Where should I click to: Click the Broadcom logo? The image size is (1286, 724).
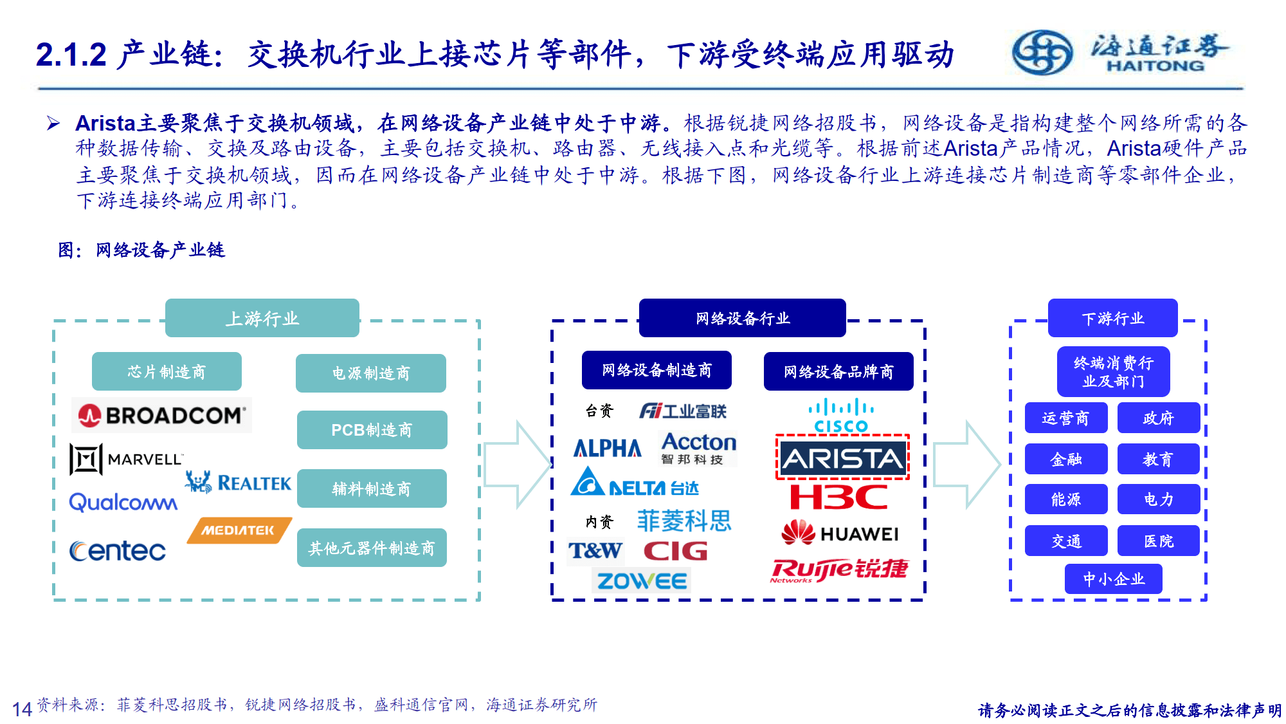(161, 415)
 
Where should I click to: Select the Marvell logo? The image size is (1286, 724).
(126, 459)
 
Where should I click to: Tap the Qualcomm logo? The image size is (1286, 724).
(123, 502)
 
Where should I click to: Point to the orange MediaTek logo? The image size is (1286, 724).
(239, 530)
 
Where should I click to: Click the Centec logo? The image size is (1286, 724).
(118, 551)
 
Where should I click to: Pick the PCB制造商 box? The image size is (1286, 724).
(372, 430)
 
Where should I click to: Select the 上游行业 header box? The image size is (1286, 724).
(262, 318)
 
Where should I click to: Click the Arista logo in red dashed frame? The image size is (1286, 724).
(842, 458)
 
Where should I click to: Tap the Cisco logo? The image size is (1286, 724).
(841, 416)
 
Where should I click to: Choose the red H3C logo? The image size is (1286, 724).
(839, 497)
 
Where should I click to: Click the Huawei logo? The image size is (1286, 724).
(840, 534)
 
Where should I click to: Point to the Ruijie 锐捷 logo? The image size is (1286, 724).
(840, 570)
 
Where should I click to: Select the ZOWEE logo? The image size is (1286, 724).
(641, 581)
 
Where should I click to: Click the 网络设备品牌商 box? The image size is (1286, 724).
(838, 371)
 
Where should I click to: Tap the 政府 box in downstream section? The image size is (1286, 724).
(1158, 418)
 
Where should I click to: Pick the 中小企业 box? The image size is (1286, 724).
(1113, 579)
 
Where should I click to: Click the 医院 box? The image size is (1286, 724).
(1158, 541)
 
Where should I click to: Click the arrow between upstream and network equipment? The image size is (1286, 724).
(518, 463)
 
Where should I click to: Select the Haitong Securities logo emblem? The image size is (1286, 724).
(1042, 52)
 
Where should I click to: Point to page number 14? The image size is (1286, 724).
(22, 709)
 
